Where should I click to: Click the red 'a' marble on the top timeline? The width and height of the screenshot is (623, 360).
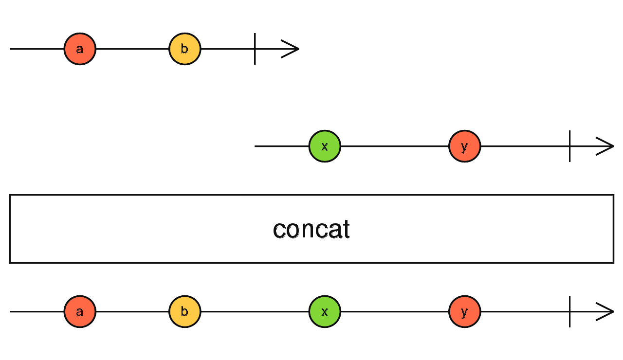(x=80, y=49)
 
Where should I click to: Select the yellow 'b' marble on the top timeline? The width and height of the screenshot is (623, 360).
(x=185, y=49)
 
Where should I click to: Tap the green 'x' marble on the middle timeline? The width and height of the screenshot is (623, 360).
(x=325, y=146)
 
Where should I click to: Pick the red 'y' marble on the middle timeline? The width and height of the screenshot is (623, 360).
(x=465, y=146)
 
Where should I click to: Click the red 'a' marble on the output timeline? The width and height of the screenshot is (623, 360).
(x=80, y=311)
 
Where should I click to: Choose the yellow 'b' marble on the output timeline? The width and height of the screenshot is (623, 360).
(x=185, y=311)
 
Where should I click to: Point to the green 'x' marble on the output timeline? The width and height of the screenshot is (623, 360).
(x=325, y=311)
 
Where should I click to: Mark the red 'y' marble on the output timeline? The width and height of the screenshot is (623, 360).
(x=465, y=311)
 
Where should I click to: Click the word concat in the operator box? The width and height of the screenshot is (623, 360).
(x=311, y=229)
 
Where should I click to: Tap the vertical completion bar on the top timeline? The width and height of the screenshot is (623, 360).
(x=255, y=49)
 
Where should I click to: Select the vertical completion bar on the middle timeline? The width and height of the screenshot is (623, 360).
(x=570, y=146)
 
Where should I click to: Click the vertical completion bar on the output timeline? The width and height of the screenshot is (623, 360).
(x=570, y=311)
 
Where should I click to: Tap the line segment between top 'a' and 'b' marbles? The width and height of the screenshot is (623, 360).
(x=132, y=49)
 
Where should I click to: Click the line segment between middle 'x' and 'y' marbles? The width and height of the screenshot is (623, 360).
(x=395, y=146)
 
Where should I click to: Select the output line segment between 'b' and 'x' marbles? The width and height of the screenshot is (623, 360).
(x=255, y=311)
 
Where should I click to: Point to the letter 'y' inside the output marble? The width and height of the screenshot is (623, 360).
(x=465, y=312)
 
